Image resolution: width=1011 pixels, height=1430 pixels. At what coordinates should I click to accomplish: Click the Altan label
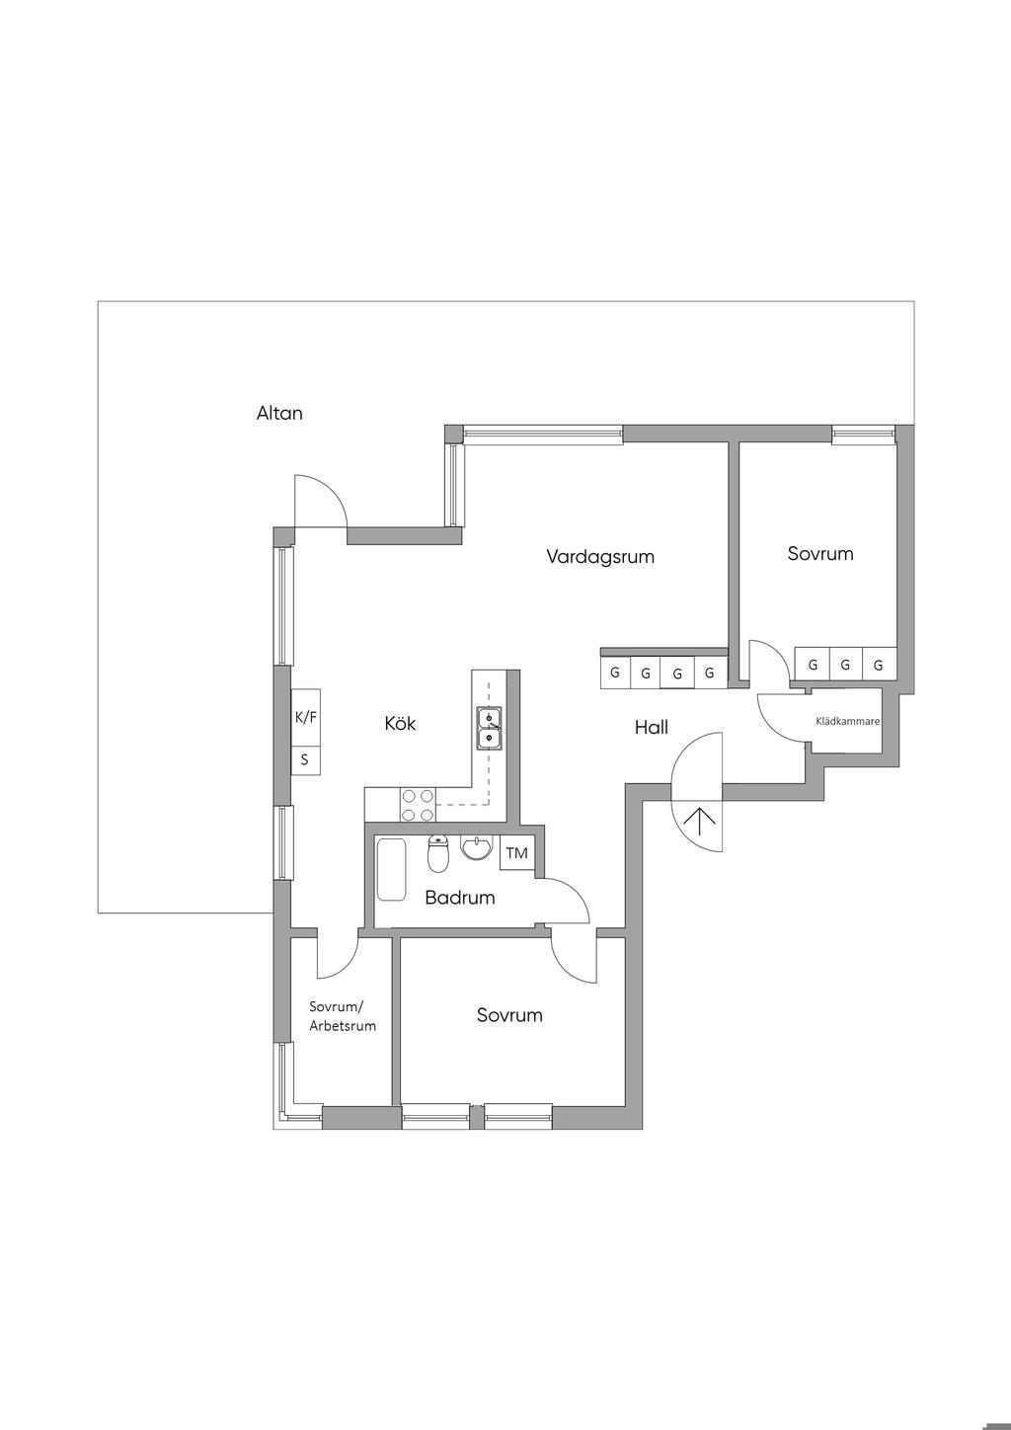(x=279, y=413)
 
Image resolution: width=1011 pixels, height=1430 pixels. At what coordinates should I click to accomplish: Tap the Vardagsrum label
(x=600, y=556)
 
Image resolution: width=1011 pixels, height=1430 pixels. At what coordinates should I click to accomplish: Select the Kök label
(x=400, y=723)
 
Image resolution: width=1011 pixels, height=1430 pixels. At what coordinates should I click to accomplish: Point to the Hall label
(x=652, y=727)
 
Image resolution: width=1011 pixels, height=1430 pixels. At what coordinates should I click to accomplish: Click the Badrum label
(x=460, y=898)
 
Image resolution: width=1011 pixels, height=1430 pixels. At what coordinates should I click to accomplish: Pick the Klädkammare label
(x=848, y=721)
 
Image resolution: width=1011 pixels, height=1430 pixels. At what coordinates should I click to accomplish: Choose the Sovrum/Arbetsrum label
(x=343, y=1016)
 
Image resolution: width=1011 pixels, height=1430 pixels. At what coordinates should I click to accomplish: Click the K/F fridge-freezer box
(x=306, y=717)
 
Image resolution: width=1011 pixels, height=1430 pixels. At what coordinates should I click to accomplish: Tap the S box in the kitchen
(x=306, y=760)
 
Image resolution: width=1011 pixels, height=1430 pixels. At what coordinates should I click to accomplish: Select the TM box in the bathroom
(x=517, y=852)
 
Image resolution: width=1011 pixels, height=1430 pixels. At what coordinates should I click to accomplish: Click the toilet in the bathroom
(x=438, y=853)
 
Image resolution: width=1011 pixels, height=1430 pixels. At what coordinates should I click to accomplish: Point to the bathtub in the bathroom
(x=392, y=869)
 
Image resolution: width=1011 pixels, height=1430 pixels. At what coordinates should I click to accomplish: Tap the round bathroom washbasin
(x=476, y=847)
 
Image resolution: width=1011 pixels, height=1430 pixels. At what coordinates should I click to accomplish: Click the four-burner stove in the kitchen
(x=418, y=804)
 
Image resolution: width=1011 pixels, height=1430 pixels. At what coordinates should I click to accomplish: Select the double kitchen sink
(x=489, y=728)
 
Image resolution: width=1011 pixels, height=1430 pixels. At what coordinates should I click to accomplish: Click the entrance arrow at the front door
(x=699, y=823)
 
